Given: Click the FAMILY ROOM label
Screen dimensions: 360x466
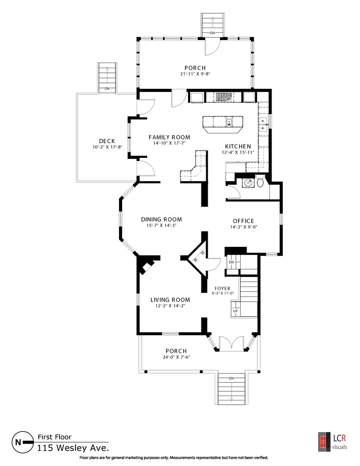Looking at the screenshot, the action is [x=169, y=137].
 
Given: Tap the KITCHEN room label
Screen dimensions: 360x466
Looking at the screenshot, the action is [x=238, y=146].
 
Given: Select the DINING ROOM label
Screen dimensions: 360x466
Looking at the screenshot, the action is [x=162, y=219].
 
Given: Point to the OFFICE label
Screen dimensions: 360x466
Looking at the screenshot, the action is [x=244, y=221].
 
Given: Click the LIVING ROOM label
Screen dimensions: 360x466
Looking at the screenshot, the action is [x=170, y=300].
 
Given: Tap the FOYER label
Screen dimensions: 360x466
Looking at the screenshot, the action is [x=222, y=288].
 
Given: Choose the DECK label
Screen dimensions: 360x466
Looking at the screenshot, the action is [x=107, y=141].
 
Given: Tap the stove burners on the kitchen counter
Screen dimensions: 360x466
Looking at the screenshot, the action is [x=224, y=97].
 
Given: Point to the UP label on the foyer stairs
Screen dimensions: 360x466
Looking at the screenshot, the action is [x=235, y=311].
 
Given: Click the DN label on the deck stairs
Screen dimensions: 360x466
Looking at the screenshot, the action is [x=107, y=88].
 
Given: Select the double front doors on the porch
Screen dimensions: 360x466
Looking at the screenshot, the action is [x=232, y=343].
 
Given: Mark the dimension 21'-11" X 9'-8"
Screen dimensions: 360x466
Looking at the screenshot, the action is [x=195, y=74].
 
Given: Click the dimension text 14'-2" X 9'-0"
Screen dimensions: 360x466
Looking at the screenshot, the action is [x=244, y=227].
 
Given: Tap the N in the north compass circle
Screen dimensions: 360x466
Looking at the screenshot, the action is [x=18, y=442].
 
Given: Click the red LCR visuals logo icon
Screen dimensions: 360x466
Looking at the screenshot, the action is [x=324, y=442].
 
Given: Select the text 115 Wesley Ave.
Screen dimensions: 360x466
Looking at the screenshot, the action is [x=73, y=448].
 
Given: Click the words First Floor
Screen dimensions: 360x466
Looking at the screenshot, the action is [x=55, y=437].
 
